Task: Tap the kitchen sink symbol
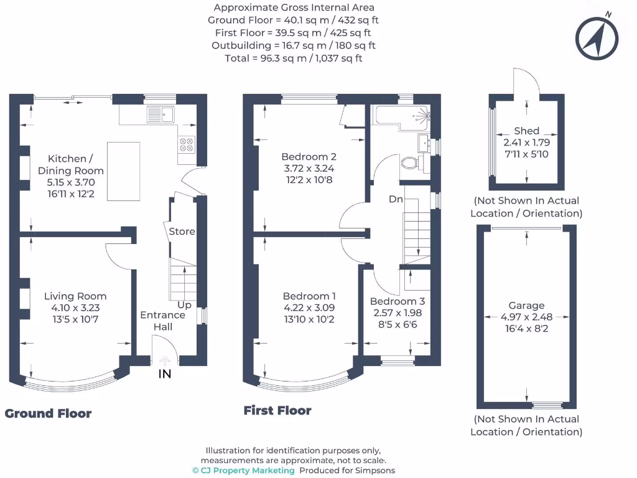pyautogui.click(x=161, y=114)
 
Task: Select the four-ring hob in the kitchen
pyautogui.click(x=186, y=144)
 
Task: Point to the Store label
pyautogui.click(x=182, y=232)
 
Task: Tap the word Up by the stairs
pyautogui.click(x=184, y=305)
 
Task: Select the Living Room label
pyautogui.click(x=75, y=296)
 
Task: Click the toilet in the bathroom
pyautogui.click(x=410, y=163)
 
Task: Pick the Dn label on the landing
pyautogui.click(x=396, y=200)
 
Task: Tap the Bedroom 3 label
pyautogui.click(x=397, y=301)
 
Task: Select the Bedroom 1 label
pyautogui.click(x=309, y=296)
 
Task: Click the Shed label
pyautogui.click(x=526, y=131)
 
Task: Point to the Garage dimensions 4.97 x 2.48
pyautogui.click(x=526, y=317)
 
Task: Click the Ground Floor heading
pyautogui.click(x=49, y=413)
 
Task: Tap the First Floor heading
pyautogui.click(x=277, y=410)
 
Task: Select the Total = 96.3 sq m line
pyautogui.click(x=294, y=58)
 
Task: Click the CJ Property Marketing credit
pyautogui.click(x=244, y=471)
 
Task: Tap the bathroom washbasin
pyautogui.click(x=425, y=141)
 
